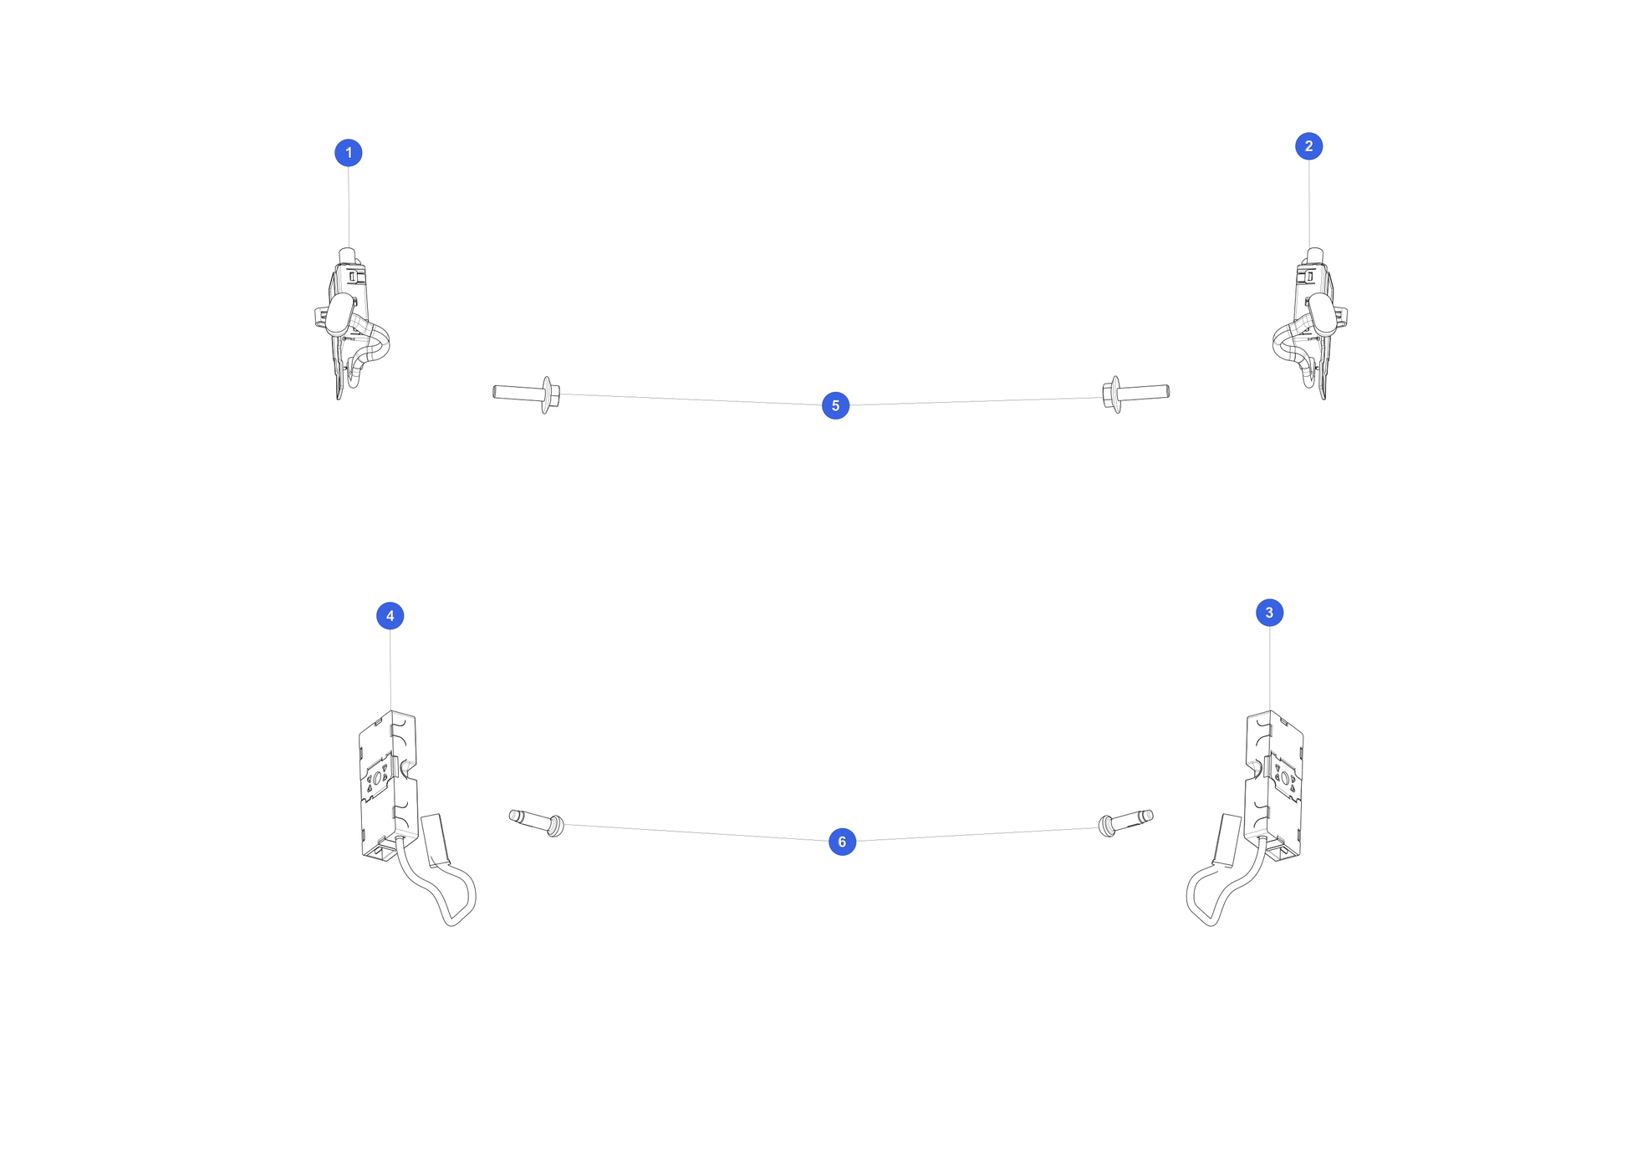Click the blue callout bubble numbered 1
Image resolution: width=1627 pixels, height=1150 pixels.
[x=349, y=153]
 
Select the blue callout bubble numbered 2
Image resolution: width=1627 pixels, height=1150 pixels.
[x=1308, y=146]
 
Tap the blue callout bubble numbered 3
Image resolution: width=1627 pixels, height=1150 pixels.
[x=1269, y=613]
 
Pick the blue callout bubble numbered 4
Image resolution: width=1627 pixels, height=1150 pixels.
[x=390, y=616]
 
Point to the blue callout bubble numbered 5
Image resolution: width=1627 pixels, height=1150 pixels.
[x=835, y=405]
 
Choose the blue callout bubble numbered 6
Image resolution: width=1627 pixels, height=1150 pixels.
[x=842, y=842]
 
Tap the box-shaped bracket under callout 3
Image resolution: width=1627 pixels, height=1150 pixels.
[x=1273, y=786]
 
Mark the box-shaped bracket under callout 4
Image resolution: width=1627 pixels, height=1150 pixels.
[x=389, y=786]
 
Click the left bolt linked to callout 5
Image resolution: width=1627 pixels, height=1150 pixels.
[x=527, y=393]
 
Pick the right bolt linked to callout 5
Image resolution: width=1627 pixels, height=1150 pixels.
[x=1135, y=393]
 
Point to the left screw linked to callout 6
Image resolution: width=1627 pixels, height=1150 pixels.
[x=537, y=822]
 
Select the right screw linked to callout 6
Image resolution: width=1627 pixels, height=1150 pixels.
[x=1125, y=822]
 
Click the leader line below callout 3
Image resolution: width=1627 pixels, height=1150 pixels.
[x=1269, y=669]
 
